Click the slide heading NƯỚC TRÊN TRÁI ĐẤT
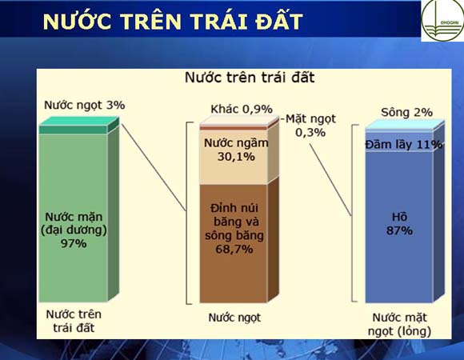pos(173,22)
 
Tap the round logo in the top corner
pos(443,20)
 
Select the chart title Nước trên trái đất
pos(250,78)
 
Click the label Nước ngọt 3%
pos(84,105)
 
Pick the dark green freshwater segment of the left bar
pos(74,130)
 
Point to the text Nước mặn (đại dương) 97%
pos(74,230)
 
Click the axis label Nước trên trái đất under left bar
pos(74,321)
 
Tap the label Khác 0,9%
pos(242,109)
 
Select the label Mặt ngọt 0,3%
pos(310,126)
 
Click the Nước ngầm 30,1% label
pos(236,150)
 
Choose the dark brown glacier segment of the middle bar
pos(234,243)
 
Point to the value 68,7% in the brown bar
pos(234,249)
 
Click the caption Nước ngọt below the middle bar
pos(234,318)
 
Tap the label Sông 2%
pos(406,113)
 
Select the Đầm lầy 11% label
pos(404,144)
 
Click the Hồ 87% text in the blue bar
pos(399,224)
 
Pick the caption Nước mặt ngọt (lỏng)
pos(399,324)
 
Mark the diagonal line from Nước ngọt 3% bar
pos(154,167)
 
